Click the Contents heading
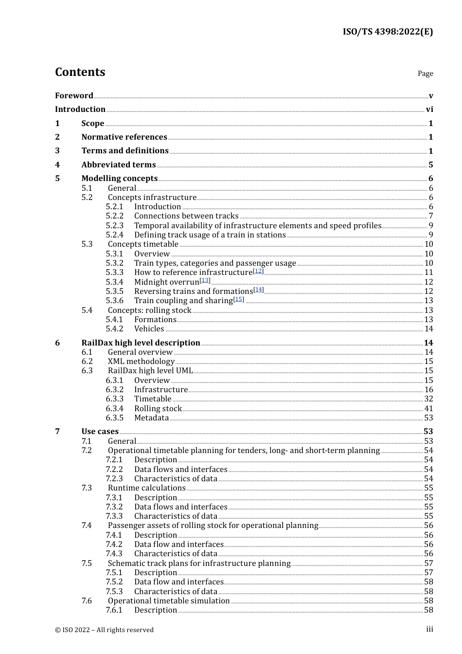click(80, 72)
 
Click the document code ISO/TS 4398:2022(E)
click(387, 32)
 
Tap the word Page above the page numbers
click(425, 73)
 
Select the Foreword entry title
click(74, 96)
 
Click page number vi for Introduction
click(429, 109)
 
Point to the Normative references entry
click(124, 137)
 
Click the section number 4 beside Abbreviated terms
click(57, 165)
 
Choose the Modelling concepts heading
click(120, 179)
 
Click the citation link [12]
click(258, 271)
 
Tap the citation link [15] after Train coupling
click(238, 299)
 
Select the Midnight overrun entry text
click(167, 282)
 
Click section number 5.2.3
click(115, 226)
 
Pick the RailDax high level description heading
click(141, 343)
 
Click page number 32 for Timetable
click(428, 399)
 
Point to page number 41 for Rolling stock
click(428, 409)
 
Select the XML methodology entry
click(141, 362)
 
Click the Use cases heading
click(100, 432)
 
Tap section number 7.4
click(87, 526)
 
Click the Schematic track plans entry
click(199, 563)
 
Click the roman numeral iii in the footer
click(429, 629)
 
